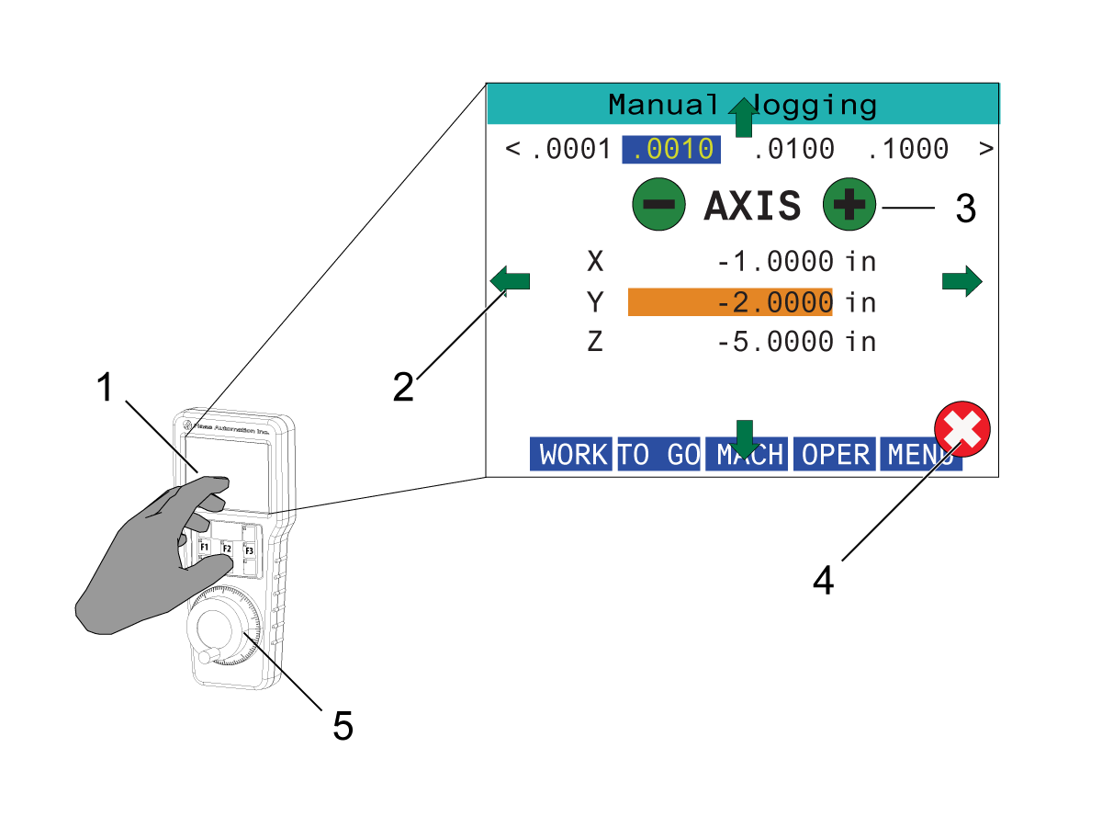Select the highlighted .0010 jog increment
point(671,149)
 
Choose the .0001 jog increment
point(570,149)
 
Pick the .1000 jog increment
point(908,149)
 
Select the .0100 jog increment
point(793,149)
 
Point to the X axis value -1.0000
point(776,262)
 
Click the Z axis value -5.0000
point(776,343)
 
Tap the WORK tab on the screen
point(571,454)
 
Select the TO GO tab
point(658,454)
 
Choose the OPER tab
point(835,454)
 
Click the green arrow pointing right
point(962,281)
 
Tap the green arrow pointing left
point(511,279)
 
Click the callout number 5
point(343,727)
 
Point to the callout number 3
point(964,210)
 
